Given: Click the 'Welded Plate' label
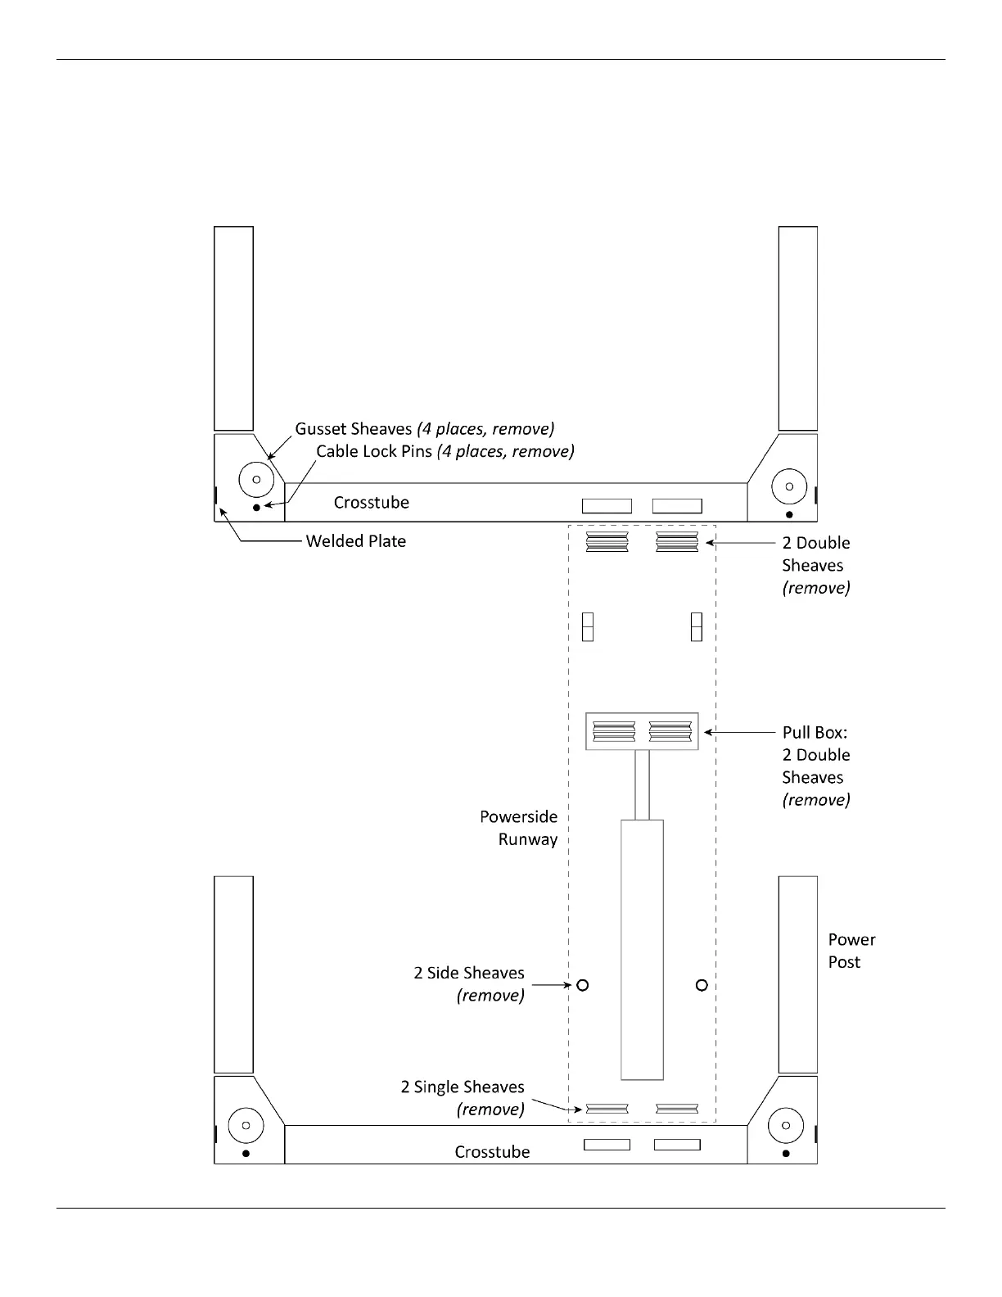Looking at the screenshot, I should (355, 541).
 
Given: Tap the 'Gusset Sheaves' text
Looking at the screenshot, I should (354, 429).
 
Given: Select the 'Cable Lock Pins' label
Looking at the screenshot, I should (374, 451).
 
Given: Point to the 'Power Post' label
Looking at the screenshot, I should (851, 951).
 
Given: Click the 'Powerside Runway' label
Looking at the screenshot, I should (518, 828).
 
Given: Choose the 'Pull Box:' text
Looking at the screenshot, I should (815, 733).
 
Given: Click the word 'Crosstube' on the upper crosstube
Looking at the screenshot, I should (371, 503).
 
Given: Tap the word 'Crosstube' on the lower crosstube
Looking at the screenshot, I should (492, 1152).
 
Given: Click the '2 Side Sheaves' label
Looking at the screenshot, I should (469, 974).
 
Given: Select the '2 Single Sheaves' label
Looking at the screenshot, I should (463, 1087).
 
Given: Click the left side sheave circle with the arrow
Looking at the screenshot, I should (583, 985).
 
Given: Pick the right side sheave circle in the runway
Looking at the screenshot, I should (702, 985).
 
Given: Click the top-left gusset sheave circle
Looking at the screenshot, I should (255, 480).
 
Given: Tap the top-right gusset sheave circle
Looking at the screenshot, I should (789, 486).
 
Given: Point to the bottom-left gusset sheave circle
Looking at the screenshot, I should (246, 1125).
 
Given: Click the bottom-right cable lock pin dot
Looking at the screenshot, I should (787, 1154).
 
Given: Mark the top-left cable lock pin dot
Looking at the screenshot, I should (256, 508).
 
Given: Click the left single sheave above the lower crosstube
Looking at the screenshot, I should (607, 1109).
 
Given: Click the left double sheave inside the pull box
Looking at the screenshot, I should (614, 731).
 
